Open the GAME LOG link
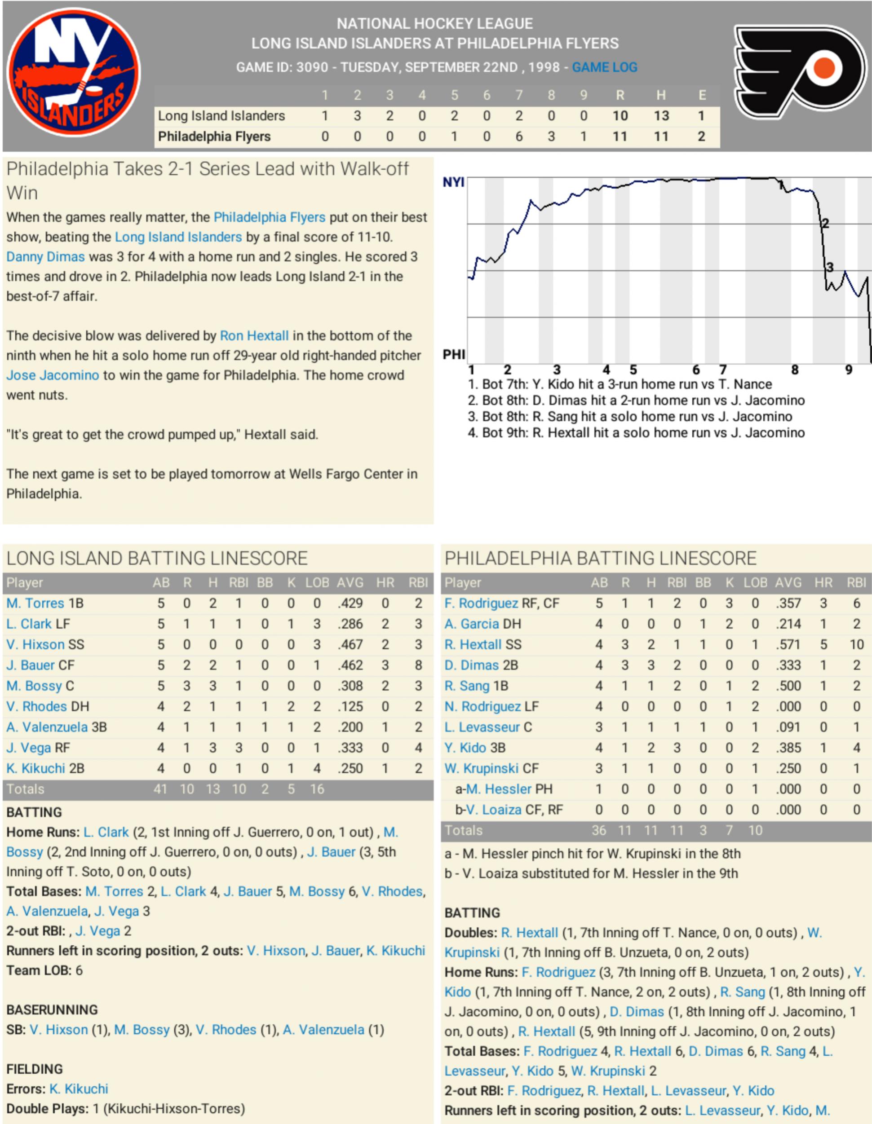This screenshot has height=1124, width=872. coord(604,67)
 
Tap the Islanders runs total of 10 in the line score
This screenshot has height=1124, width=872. coord(620,116)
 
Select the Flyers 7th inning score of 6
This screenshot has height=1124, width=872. coord(518,137)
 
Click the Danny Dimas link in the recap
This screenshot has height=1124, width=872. coord(45,257)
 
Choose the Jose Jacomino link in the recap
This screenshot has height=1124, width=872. coord(53,375)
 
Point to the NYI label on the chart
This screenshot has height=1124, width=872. coord(453,182)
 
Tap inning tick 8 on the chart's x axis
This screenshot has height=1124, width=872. coord(795,370)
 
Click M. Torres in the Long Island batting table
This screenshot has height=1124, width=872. coord(35,603)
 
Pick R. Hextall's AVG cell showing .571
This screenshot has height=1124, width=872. coord(788,644)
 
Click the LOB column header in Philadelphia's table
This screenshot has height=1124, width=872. coord(755,582)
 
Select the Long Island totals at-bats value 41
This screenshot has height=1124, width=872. coord(160,789)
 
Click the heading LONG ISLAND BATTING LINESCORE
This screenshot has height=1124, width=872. coord(157,558)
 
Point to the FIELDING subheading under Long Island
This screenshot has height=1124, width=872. coord(35,1069)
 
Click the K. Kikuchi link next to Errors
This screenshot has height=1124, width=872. coord(79,1089)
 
